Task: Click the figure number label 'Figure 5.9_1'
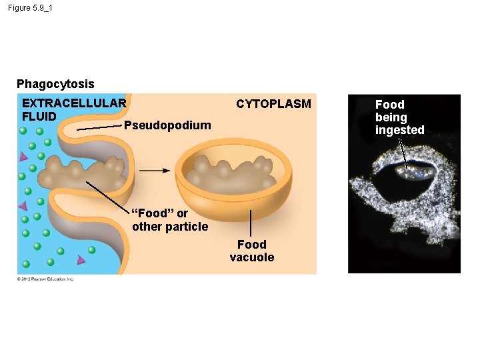[30, 7]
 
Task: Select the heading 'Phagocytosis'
[55, 84]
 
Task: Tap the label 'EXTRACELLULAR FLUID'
[73, 109]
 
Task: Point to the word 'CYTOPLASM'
[273, 104]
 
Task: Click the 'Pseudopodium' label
[167, 125]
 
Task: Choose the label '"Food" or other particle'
[170, 220]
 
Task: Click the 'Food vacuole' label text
[251, 251]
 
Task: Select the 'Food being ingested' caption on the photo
[399, 117]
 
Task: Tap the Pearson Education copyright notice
[45, 279]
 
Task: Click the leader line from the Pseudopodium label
[100, 127]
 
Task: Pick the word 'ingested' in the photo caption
[399, 130]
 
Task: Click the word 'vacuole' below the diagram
[251, 257]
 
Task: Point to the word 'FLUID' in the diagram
[39, 116]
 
